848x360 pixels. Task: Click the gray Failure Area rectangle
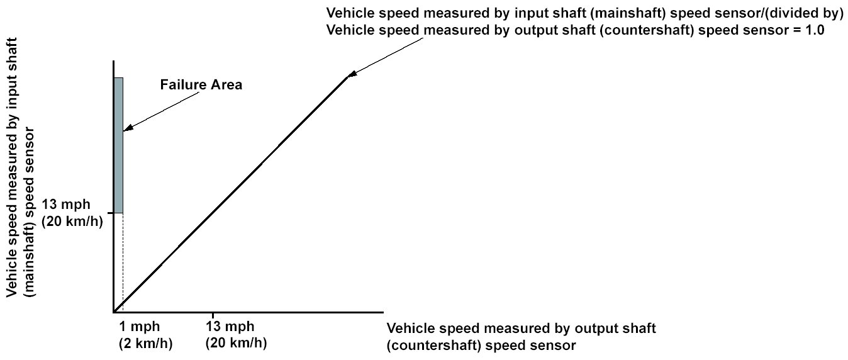pyautogui.click(x=118, y=145)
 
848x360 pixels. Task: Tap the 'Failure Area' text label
pyautogui.click(x=201, y=85)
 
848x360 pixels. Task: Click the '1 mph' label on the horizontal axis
pyautogui.click(x=139, y=327)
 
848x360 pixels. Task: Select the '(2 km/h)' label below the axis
pyautogui.click(x=145, y=344)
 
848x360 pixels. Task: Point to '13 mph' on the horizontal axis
pyautogui.click(x=230, y=327)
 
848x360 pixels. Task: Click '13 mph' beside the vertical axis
pyautogui.click(x=67, y=205)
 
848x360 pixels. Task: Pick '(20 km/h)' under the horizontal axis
pyautogui.click(x=236, y=344)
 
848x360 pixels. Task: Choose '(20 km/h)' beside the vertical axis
pyautogui.click(x=71, y=221)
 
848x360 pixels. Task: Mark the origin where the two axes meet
pyautogui.click(x=114, y=311)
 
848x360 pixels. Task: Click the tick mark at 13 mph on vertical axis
pyautogui.click(x=111, y=213)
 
